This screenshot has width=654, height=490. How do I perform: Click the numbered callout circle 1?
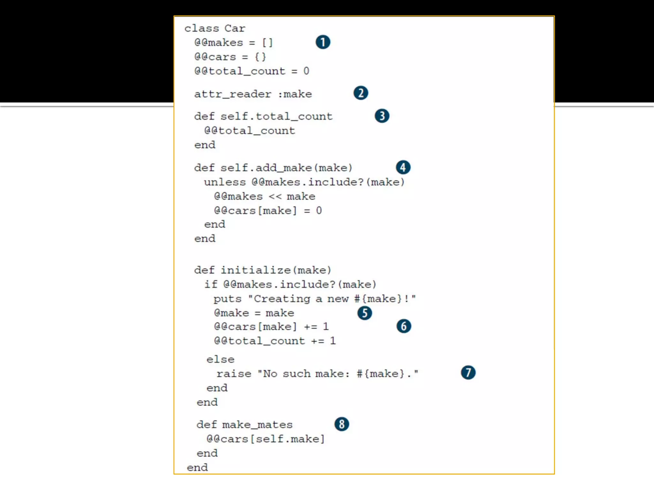(323, 42)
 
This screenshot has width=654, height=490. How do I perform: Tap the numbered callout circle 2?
(361, 93)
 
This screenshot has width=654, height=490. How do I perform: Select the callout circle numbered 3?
(382, 116)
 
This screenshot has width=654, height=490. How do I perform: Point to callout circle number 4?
(403, 167)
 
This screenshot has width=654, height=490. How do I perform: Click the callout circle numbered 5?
(365, 313)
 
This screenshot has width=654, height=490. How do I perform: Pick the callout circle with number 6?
(404, 326)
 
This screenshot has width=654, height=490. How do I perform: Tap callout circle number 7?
(468, 373)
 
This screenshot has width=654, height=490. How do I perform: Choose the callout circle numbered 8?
(342, 424)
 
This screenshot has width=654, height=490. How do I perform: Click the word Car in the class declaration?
(235, 28)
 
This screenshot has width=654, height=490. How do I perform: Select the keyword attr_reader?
(233, 94)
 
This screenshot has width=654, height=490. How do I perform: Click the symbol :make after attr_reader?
(295, 94)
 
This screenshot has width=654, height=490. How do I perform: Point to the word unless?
(225, 182)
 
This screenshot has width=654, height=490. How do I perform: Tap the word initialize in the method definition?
(255, 270)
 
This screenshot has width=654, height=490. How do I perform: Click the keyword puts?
(227, 299)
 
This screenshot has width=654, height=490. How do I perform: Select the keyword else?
(220, 360)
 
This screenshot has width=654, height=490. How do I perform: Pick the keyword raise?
(234, 374)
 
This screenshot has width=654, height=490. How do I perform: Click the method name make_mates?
(257, 425)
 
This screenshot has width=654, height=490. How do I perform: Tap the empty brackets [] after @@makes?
(267, 42)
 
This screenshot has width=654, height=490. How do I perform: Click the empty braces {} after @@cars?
(260, 57)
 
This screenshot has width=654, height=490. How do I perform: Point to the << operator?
(275, 197)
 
